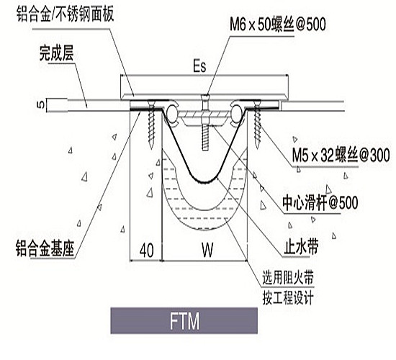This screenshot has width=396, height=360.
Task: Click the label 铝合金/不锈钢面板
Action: pyautogui.click(x=65, y=14)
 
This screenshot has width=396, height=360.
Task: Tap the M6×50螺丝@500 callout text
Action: pyautogui.click(x=278, y=24)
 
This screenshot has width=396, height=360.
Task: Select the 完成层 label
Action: pyautogui.click(x=57, y=53)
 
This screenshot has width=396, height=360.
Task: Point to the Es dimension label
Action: pyautogui.click(x=199, y=66)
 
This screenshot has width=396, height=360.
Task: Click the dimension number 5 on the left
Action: pyautogui.click(x=41, y=104)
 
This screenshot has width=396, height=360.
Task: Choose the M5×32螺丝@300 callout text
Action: pyautogui.click(x=341, y=155)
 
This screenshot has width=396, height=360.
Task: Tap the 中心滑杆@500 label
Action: pyautogui.click(x=320, y=202)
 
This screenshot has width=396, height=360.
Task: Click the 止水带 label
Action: pyautogui.click(x=301, y=246)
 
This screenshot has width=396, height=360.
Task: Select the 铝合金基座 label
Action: pyautogui.click(x=45, y=248)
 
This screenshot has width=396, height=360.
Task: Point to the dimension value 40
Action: pyautogui.click(x=147, y=251)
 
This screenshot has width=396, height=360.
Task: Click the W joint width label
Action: pyautogui.click(x=207, y=250)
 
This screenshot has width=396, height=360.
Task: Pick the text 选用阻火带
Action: pyautogui.click(x=288, y=277)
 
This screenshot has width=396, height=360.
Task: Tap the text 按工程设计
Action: pyautogui.click(x=288, y=297)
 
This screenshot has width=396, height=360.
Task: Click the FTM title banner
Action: pyautogui.click(x=184, y=321)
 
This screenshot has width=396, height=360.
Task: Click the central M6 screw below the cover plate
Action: pyautogui.click(x=205, y=122)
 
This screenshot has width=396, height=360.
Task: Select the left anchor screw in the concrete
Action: pyautogui.click(x=152, y=124)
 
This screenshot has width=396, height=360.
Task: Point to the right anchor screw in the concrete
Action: pyautogui.click(x=257, y=125)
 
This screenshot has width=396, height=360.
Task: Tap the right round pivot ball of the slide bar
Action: pyautogui.click(x=237, y=112)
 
